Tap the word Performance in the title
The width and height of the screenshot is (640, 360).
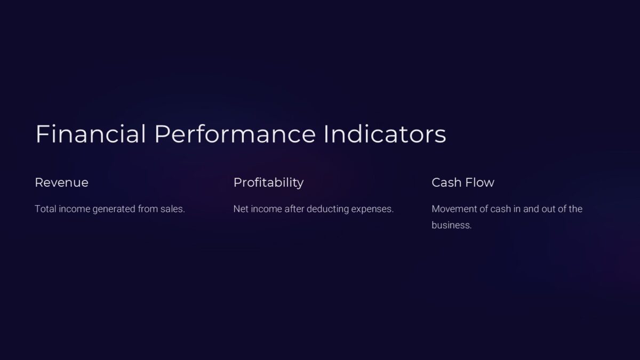(x=235, y=134)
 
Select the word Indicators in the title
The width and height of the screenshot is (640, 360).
(x=385, y=134)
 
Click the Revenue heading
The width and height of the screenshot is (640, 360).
(x=61, y=182)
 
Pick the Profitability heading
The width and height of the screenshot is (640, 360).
(x=268, y=182)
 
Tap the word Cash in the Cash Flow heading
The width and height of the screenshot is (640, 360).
(x=446, y=182)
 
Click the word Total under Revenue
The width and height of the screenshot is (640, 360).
(x=45, y=209)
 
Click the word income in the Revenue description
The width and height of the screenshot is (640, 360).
(x=74, y=209)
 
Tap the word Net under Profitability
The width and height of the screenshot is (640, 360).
(x=241, y=209)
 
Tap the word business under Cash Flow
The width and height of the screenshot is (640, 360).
(x=451, y=226)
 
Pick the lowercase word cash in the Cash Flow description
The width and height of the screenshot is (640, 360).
(x=500, y=209)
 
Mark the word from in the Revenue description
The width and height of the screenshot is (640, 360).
(x=148, y=209)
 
